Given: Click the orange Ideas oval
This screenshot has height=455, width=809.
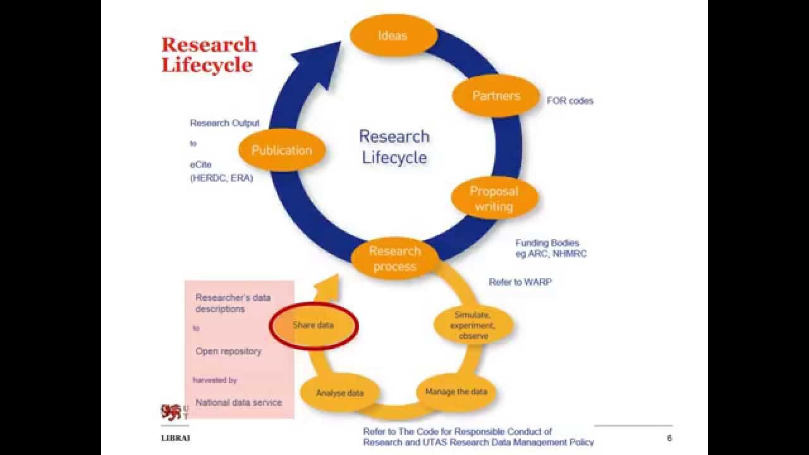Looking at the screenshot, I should coord(392,35).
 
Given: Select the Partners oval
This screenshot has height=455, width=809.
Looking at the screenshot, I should coord(496,96).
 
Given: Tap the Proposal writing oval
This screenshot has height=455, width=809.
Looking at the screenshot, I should coord(494,198).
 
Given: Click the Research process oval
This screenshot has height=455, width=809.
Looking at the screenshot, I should coord(394,258).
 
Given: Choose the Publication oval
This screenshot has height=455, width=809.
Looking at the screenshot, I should coord(282,150).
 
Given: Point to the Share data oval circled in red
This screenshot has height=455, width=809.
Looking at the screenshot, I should coord(313,325).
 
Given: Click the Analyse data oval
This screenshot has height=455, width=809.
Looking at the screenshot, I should coord(340,392).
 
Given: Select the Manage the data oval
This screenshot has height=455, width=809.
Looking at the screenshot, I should coord(456,392).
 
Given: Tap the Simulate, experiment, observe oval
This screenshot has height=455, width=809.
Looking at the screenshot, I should coord(473,325).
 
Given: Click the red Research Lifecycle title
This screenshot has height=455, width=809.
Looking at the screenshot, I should coord(209,54).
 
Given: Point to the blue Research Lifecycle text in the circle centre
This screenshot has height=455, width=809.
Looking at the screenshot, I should coord(394,147).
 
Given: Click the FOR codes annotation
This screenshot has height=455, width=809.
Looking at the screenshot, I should coord(570,100).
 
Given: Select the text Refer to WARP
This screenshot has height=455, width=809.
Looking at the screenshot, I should coord(520,282).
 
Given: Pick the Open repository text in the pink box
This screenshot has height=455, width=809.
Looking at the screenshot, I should coord(228,351).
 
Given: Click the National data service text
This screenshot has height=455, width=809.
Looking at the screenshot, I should coord(239,402).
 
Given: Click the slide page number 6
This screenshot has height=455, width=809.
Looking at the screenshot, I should coord(669,439).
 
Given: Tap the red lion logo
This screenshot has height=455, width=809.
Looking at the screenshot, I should coord(171,412).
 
